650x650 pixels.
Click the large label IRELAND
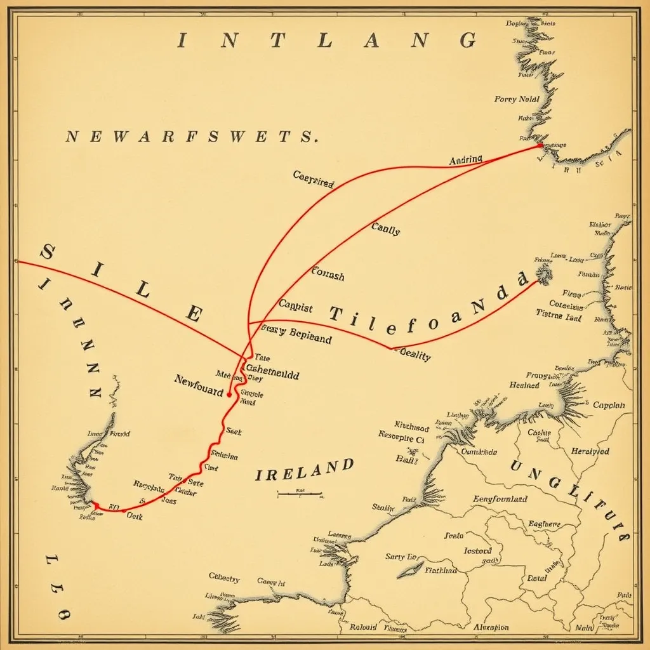[304, 470]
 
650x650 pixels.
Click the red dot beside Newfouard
[229, 395]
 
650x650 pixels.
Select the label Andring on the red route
[465, 160]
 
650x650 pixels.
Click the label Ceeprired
[314, 178]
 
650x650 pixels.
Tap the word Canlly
[385, 229]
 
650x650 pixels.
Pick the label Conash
[328, 275]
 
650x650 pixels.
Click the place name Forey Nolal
[517, 99]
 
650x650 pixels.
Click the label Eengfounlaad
[500, 499]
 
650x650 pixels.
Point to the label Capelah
[608, 405]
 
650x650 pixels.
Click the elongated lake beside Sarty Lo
[410, 569]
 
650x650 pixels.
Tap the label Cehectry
[224, 578]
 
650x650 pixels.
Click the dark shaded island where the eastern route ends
[544, 274]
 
